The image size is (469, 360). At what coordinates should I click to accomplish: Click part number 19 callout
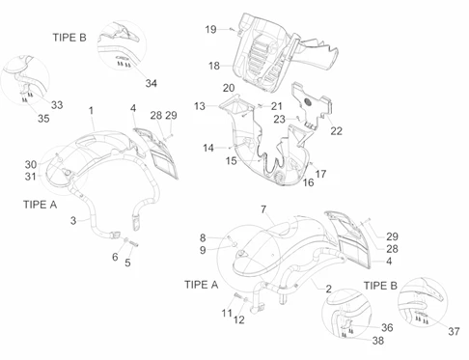coord(210,30)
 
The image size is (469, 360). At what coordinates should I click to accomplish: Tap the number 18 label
coord(214,66)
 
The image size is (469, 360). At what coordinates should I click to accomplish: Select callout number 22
coord(336,131)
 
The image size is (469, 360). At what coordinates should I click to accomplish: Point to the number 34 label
coord(152,83)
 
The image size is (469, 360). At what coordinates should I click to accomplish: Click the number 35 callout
coord(43,119)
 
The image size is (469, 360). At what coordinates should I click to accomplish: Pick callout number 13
coord(200,106)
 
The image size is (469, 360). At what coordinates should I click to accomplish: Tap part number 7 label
coord(263,209)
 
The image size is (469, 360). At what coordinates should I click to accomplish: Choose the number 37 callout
coord(454,331)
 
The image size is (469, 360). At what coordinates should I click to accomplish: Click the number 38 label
coord(378,341)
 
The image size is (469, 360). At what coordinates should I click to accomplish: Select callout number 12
coord(239,319)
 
